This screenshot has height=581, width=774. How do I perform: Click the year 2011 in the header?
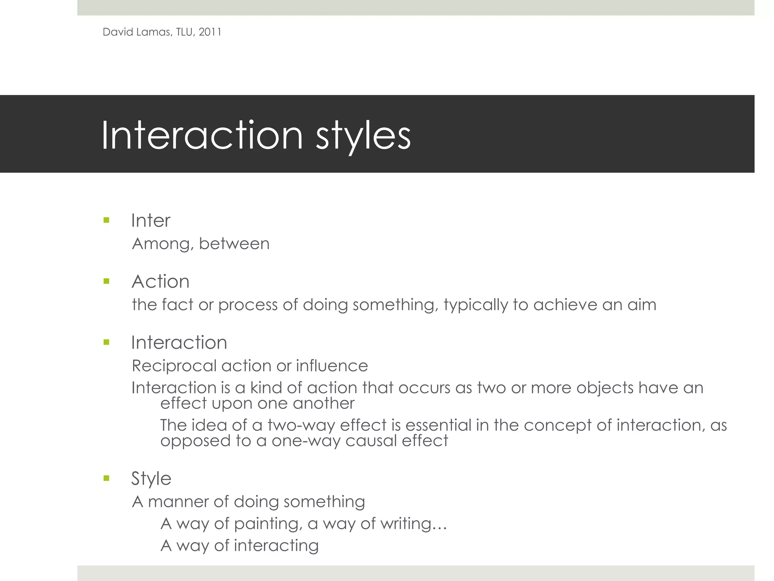(x=210, y=32)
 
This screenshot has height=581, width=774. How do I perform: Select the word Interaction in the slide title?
(x=202, y=135)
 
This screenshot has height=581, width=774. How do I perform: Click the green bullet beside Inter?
(x=106, y=220)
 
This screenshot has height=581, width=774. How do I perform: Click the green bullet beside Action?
(x=106, y=281)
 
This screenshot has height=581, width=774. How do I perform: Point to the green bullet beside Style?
(x=106, y=478)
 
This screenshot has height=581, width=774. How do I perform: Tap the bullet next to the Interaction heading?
(x=106, y=342)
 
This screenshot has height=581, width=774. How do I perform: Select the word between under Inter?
(x=234, y=244)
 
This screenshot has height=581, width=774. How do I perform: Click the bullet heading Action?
(x=160, y=281)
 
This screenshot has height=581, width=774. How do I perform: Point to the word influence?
(x=332, y=366)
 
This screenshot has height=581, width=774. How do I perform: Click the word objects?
(x=605, y=388)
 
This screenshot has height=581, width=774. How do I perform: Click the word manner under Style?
(x=178, y=502)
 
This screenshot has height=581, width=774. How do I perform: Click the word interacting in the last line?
(x=276, y=546)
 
